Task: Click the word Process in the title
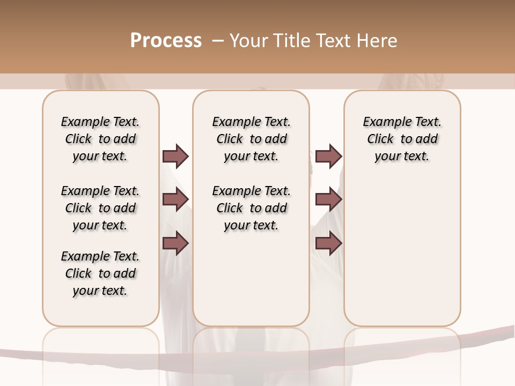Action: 166,41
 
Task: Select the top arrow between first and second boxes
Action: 175,156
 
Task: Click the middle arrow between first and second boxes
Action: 175,199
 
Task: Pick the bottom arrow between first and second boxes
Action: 175,243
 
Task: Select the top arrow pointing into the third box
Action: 328,156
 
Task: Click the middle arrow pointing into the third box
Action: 328,199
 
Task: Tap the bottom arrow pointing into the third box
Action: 328,243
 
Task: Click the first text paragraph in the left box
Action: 100,139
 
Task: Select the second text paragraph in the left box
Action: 100,208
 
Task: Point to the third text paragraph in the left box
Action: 100,273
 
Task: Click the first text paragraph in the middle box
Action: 251,139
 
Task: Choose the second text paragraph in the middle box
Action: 251,208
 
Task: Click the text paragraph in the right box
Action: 402,139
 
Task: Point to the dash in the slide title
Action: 218,41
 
